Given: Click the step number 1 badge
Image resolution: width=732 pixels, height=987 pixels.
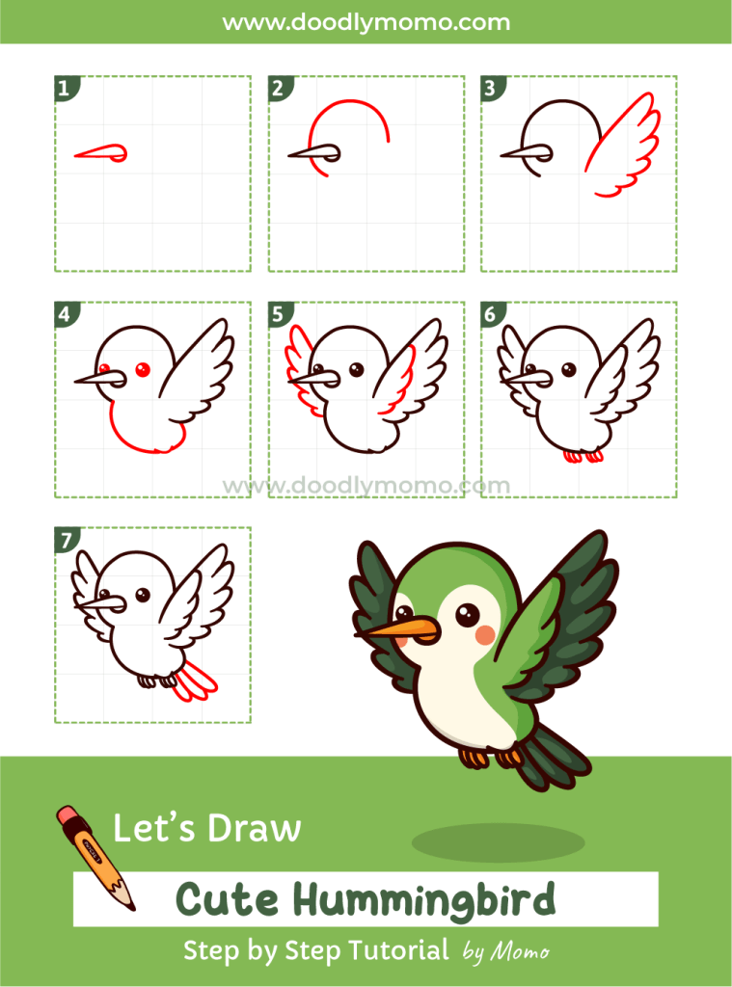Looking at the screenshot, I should click(64, 90).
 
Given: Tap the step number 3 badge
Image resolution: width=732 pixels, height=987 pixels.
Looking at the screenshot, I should click(490, 90).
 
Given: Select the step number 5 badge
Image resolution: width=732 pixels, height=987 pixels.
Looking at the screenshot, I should click(278, 313).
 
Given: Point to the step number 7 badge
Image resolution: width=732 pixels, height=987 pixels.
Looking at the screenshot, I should click(64, 540).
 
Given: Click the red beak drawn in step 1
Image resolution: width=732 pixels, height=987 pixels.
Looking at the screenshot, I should click(101, 152).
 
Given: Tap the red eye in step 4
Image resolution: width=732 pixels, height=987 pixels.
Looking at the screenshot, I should click(142, 368).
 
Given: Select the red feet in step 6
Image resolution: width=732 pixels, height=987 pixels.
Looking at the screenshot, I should click(585, 455).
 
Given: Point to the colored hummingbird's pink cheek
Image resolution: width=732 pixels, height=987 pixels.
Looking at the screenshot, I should click(487, 633).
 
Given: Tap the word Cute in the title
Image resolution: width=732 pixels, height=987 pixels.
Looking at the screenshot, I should click(230, 900).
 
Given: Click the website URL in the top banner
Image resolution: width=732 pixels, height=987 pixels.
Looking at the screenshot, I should click(366, 21).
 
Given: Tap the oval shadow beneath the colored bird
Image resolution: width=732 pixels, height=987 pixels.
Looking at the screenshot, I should click(498, 843).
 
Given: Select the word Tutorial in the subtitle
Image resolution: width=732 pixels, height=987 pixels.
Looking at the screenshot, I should click(391, 950).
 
